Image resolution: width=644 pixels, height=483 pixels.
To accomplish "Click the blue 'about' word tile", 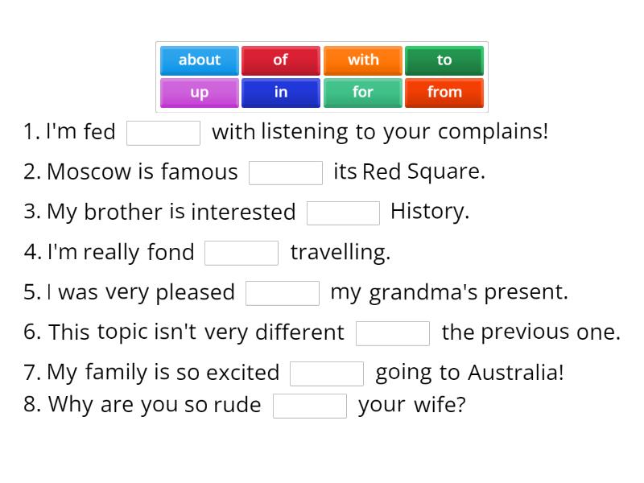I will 200,60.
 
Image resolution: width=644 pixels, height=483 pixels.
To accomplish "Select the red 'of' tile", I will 280,60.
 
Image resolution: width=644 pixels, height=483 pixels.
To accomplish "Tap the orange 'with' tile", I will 363,60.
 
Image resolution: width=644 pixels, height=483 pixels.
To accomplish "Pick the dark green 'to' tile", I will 444,60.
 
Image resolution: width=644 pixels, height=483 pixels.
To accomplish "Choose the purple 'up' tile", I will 200,93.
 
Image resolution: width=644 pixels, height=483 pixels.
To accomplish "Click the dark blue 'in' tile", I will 280,93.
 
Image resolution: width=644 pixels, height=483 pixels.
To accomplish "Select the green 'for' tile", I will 363,93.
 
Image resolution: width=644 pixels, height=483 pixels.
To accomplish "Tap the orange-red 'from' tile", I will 444,93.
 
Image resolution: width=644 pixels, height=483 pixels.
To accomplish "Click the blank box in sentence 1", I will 163,133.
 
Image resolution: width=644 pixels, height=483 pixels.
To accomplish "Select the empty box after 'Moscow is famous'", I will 286,173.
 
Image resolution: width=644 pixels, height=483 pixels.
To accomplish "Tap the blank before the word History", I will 343,213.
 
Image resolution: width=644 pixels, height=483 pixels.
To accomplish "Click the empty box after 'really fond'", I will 242,254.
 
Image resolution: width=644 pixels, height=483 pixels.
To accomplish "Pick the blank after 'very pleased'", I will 283,294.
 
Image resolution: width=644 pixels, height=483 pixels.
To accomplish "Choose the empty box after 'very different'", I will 393,333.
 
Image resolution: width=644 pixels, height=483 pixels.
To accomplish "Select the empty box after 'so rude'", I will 310,406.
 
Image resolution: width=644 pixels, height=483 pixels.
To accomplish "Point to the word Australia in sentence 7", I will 515,373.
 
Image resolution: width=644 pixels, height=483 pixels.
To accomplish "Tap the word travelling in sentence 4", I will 340,253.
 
